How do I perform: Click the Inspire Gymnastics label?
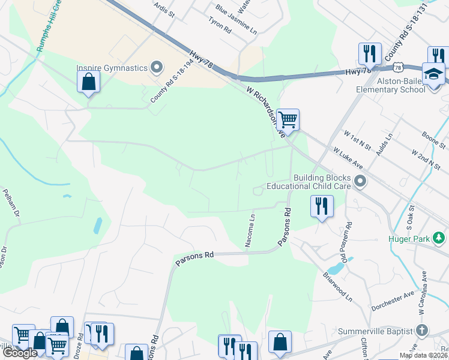pyautogui.click(x=112, y=68)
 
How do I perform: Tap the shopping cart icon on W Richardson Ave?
pyautogui.click(x=288, y=120)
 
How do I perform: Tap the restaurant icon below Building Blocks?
pyautogui.click(x=322, y=206)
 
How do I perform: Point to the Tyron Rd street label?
pyautogui.click(x=219, y=25)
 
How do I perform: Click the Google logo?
pyautogui.click(x=20, y=353)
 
